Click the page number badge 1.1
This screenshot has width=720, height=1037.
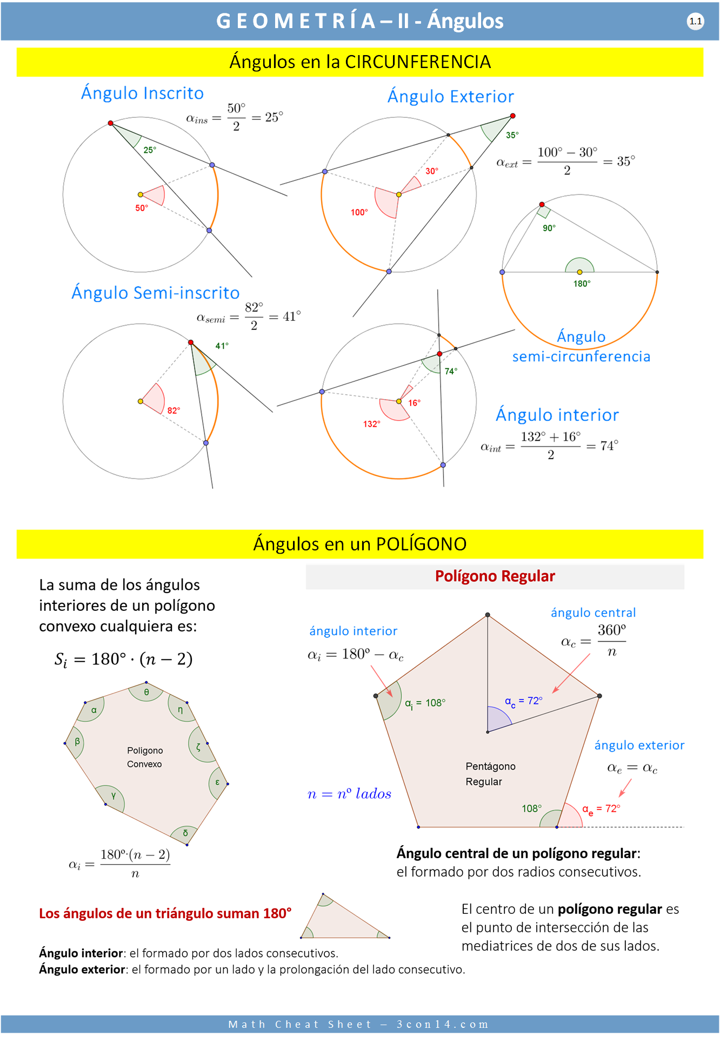pyautogui.click(x=695, y=22)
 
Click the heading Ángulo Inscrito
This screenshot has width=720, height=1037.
pyautogui.click(x=142, y=93)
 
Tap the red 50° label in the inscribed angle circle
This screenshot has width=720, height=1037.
pyautogui.click(x=141, y=208)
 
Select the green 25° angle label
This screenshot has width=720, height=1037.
pyautogui.click(x=150, y=150)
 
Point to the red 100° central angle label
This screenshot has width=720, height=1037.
pyautogui.click(x=359, y=212)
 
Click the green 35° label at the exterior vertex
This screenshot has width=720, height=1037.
pyautogui.click(x=512, y=135)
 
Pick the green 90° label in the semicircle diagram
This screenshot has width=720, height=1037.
pyautogui.click(x=549, y=228)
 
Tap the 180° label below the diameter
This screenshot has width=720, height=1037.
pyautogui.click(x=582, y=284)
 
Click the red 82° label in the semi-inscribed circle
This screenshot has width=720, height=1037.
pyautogui.click(x=174, y=410)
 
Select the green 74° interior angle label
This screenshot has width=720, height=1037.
pyautogui.click(x=451, y=371)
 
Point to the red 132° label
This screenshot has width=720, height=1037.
pyautogui.click(x=371, y=424)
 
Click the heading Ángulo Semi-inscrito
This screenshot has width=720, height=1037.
pyautogui.click(x=156, y=293)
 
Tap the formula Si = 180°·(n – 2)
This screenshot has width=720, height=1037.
pyautogui.click(x=123, y=659)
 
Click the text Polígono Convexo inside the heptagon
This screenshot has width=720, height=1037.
pyautogui.click(x=144, y=757)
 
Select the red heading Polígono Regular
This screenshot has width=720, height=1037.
pyautogui.click(x=495, y=576)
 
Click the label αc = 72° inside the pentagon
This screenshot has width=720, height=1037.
pyautogui.click(x=523, y=701)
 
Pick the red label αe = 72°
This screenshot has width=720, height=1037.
pyautogui.click(x=601, y=809)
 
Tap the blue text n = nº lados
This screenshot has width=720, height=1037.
pyautogui.click(x=349, y=794)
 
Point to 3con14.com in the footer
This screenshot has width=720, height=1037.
pyautogui.click(x=442, y=1024)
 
